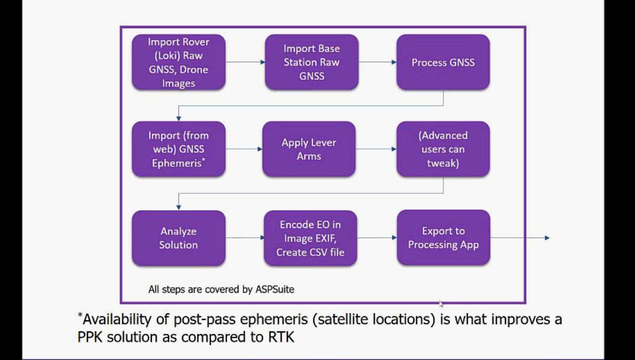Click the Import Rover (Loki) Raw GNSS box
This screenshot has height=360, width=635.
pos(179,62)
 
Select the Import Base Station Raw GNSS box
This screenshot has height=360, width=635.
pos(312,62)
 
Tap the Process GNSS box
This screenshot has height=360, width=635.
pos(443,62)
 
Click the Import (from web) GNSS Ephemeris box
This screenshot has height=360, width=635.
pos(179,149)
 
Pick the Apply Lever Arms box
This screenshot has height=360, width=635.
pos(309,149)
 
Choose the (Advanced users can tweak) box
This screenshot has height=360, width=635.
pos(443,149)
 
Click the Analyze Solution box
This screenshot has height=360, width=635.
pos(179,238)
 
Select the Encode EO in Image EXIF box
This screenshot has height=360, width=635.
pos(311,238)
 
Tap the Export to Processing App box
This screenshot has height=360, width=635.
pos(443,238)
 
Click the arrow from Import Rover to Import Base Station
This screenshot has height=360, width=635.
pos(246,62)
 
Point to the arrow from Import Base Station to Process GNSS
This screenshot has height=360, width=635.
pos(378,62)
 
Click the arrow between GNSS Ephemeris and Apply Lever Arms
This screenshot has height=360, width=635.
pos(244,149)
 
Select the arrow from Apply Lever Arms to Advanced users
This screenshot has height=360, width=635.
pos(376,149)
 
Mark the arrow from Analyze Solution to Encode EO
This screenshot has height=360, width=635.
pos(245,238)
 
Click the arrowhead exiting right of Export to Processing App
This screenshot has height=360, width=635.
pos(547,238)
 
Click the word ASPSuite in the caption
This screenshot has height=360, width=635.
pos(275,290)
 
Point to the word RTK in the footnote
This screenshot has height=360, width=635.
pos(280,337)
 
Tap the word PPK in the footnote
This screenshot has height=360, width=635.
pos(90,337)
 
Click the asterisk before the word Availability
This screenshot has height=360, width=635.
pos(80,315)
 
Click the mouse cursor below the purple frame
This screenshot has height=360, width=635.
pos(441,304)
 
